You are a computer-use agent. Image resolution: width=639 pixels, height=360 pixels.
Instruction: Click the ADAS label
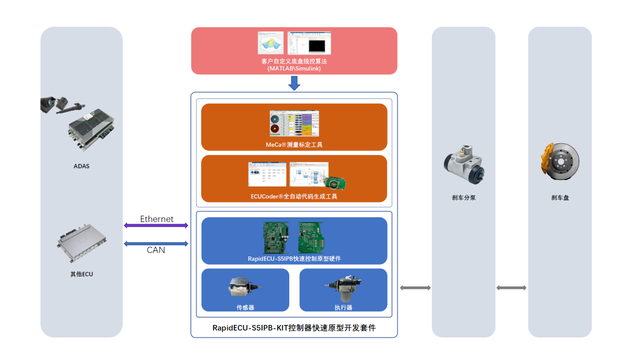tap(82, 166)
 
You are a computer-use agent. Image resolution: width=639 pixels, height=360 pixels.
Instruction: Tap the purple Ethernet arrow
tap(156, 226)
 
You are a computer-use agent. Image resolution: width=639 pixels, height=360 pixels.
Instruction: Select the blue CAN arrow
tap(156, 244)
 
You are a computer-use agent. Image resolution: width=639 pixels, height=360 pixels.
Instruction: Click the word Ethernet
tap(157, 219)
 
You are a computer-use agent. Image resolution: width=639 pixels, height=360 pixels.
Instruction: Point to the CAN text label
tap(156, 250)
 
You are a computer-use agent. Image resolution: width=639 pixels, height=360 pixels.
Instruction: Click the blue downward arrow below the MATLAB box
tap(294, 83)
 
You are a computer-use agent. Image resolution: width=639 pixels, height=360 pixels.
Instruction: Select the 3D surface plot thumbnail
tap(270, 43)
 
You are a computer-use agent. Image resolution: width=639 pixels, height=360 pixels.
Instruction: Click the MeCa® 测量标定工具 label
tap(294, 144)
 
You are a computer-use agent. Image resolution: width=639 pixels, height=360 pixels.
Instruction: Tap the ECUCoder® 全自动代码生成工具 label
tap(294, 197)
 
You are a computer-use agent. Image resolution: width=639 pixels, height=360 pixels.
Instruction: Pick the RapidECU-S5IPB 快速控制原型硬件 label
tap(294, 259)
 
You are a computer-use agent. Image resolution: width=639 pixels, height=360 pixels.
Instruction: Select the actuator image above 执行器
tap(343, 288)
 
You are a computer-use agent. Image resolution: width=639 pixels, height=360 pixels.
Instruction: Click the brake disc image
tap(560, 162)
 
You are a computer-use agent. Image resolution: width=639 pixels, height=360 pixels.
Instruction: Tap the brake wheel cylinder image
tap(464, 165)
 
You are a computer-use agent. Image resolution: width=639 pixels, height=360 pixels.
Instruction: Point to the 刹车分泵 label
tap(464, 198)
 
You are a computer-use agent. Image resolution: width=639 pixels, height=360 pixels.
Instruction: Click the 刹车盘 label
tap(560, 198)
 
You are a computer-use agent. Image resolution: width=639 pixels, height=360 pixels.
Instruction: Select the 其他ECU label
tap(82, 274)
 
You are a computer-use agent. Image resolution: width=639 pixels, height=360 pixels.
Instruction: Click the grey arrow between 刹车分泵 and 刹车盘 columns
tap(511, 288)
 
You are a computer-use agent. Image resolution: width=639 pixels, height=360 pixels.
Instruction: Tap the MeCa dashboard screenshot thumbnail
tap(294, 124)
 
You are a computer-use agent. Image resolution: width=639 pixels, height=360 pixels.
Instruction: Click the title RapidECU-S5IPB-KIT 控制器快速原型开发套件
tap(294, 328)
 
